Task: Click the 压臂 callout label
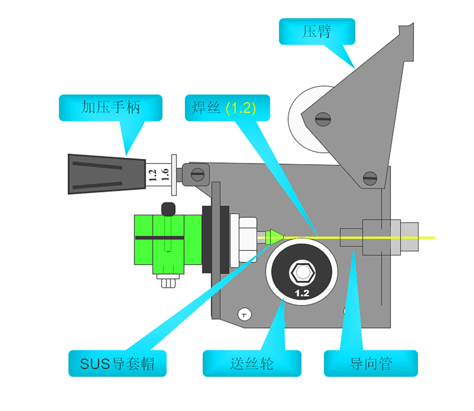point(317,32)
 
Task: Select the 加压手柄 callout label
point(110,108)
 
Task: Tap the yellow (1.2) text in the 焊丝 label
point(241,108)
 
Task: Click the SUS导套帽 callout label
point(117,364)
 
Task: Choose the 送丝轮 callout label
point(252,364)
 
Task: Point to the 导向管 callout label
point(371,364)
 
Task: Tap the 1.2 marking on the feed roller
point(302,293)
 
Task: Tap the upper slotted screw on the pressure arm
point(323,119)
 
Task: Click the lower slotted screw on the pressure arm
point(370,178)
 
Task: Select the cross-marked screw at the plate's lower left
point(245,314)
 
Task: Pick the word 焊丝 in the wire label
point(205,108)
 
